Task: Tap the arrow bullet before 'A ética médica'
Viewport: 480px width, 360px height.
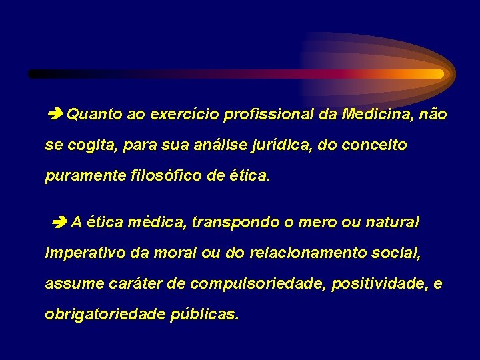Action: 60,223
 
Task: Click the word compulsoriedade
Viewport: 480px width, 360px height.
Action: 257,283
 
